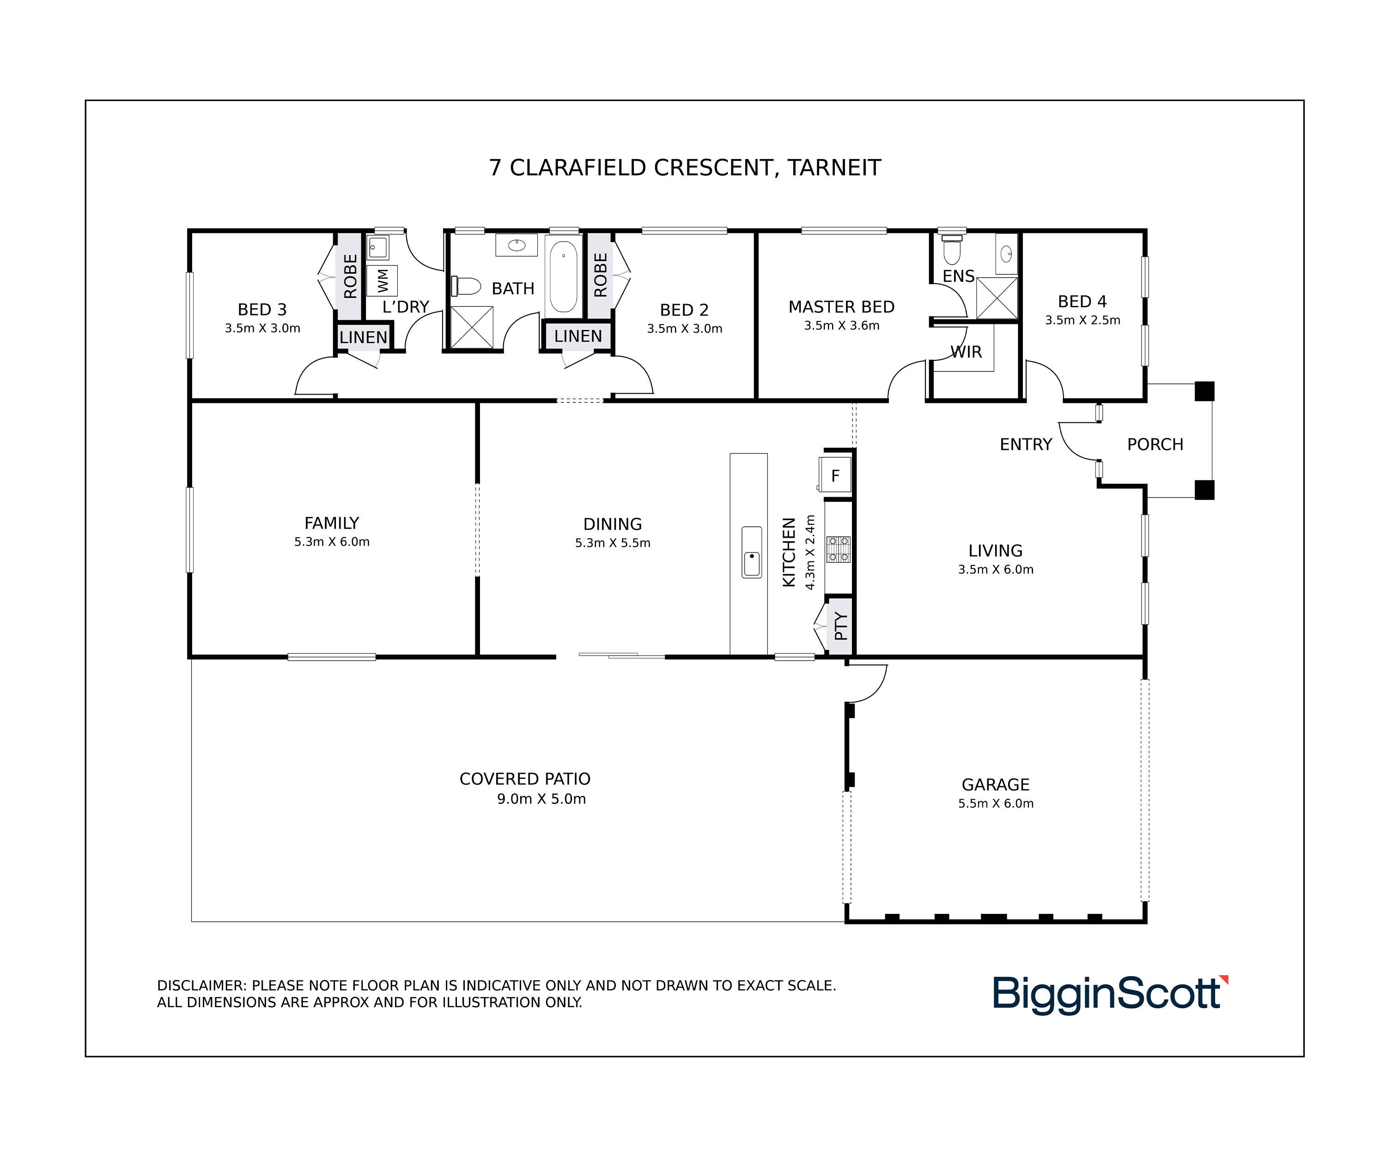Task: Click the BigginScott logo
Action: (1110, 994)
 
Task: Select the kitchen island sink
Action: (752, 553)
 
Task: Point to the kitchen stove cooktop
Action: (838, 549)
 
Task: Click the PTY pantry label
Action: (840, 626)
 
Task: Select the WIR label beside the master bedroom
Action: (966, 352)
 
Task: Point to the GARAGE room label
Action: (995, 785)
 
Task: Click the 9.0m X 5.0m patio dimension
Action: (541, 799)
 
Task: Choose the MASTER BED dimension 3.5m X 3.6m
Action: (841, 325)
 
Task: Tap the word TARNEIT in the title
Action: (834, 168)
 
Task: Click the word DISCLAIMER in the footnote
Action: (202, 985)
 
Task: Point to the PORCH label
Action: (1155, 445)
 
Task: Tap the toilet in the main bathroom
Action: (466, 286)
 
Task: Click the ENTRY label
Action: (1026, 445)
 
